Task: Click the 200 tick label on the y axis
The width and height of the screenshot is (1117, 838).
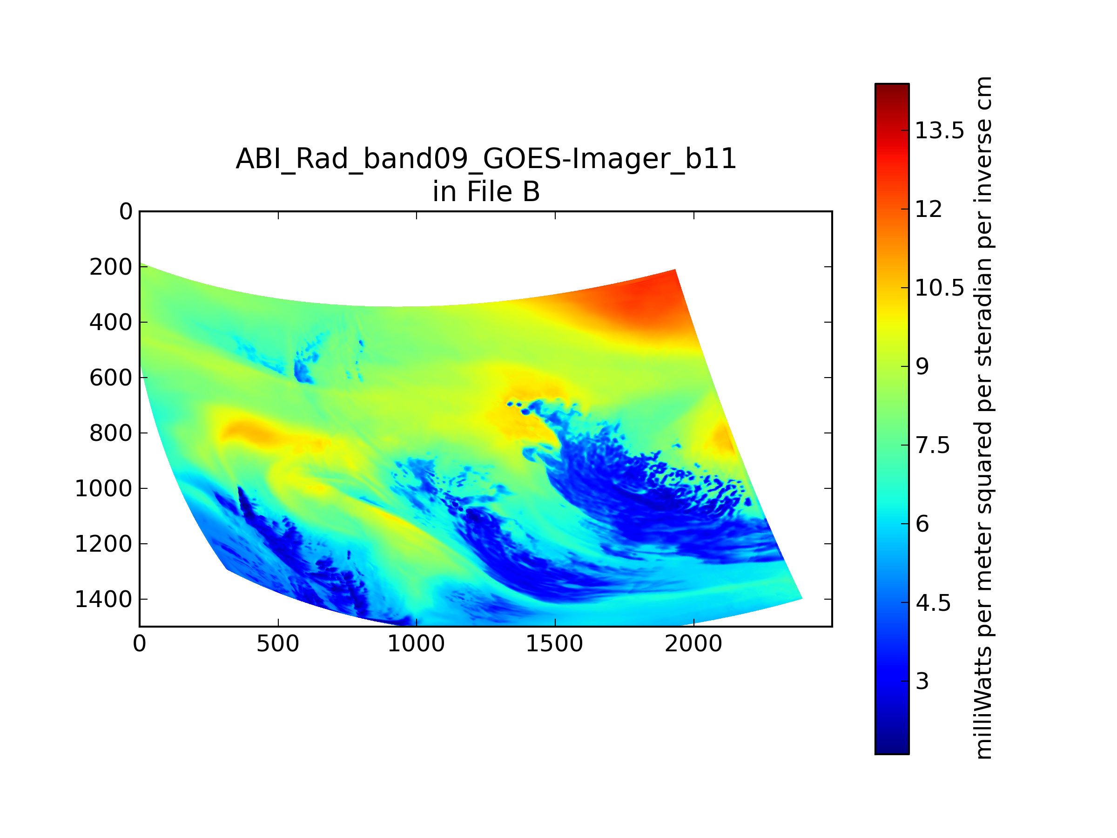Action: pyautogui.click(x=111, y=267)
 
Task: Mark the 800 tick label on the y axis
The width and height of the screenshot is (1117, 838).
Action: pyautogui.click(x=111, y=433)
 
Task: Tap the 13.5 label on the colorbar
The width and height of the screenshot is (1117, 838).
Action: pyautogui.click(x=940, y=131)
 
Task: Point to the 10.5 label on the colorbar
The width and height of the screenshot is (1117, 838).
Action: pyautogui.click(x=940, y=288)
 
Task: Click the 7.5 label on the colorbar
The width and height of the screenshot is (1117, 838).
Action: pyautogui.click(x=933, y=446)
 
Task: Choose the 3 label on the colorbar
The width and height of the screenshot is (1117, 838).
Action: pyautogui.click(x=922, y=682)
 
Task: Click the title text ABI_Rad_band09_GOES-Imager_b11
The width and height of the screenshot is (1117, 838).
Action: pyautogui.click(x=486, y=160)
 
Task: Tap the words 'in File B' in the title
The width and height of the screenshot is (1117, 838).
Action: pyautogui.click(x=486, y=192)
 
